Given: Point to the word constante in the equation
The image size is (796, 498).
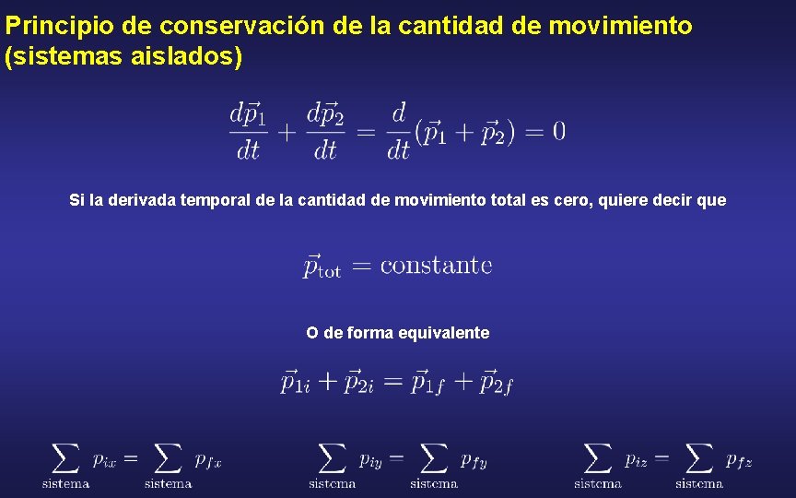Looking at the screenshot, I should click(x=436, y=266).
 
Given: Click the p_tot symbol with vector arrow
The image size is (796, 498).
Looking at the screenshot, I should click(x=322, y=266).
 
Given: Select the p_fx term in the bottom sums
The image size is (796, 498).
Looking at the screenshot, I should click(x=208, y=456).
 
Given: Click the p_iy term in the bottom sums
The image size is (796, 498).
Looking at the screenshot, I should click(x=370, y=456).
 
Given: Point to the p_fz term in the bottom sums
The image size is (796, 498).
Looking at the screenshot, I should click(x=739, y=458).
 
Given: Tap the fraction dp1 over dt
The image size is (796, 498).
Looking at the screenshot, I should click(x=246, y=131).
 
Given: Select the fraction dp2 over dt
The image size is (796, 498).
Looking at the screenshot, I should click(x=323, y=131).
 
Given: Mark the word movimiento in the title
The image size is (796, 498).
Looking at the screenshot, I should click(x=620, y=26).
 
